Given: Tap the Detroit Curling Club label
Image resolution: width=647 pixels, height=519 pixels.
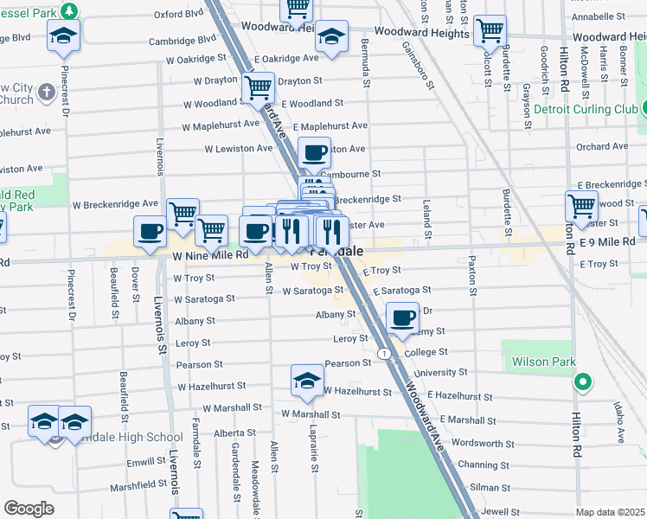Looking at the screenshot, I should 585,110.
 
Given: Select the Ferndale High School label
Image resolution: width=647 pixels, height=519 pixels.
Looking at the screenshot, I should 126,438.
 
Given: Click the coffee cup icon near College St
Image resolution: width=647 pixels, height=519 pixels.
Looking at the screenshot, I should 402,317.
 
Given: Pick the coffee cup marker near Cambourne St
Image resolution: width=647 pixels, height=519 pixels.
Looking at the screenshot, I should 314,152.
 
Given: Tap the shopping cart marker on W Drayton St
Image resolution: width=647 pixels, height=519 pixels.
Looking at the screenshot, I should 258,86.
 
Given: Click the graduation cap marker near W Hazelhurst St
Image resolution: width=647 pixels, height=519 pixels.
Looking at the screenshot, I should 307,380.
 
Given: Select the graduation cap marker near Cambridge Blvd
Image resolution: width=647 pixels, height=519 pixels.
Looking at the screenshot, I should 63,35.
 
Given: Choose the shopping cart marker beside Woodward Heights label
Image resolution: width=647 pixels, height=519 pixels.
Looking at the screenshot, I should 490,30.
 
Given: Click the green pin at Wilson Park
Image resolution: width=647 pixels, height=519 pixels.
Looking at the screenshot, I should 583,381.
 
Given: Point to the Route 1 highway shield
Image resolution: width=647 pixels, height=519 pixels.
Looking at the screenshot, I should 381,353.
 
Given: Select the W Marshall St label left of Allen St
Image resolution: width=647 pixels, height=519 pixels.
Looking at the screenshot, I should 232,407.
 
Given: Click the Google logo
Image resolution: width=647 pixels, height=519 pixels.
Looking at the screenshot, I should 29,509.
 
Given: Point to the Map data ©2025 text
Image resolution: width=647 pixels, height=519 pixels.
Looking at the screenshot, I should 611,512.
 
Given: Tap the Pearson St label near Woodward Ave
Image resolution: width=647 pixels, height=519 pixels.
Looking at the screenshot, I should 346,364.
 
